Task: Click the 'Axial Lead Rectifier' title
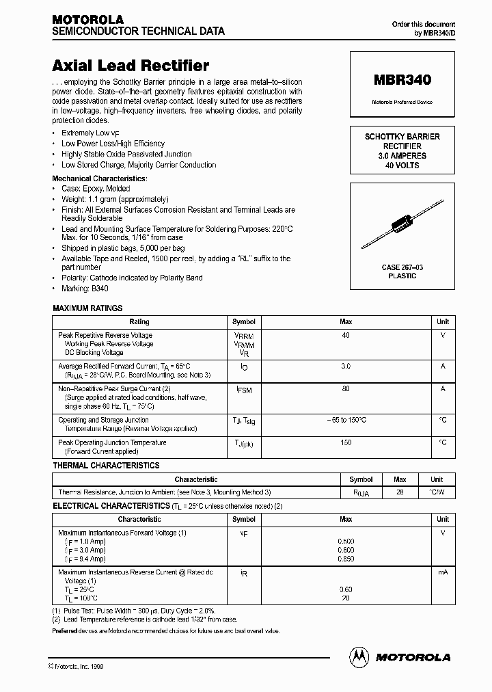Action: click(x=131, y=66)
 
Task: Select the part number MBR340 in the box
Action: click(x=402, y=80)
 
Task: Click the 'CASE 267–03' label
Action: click(x=402, y=267)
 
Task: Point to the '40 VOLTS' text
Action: click(x=402, y=165)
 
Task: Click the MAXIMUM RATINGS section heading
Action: click(x=87, y=309)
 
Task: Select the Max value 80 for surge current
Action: click(x=346, y=388)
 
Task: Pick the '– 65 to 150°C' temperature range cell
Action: click(x=346, y=420)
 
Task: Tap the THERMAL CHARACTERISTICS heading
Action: click(x=106, y=466)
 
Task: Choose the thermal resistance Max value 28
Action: click(x=400, y=492)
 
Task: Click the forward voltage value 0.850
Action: click(x=346, y=558)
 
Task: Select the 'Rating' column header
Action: click(x=139, y=321)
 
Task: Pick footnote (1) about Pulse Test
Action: click(x=134, y=610)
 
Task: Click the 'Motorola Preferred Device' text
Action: click(x=402, y=102)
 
